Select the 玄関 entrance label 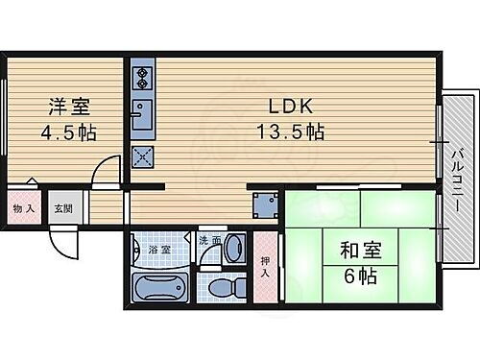tap(61, 208)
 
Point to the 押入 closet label tap(265, 252)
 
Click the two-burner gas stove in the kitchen tap(142, 76)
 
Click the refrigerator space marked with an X tap(142, 157)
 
